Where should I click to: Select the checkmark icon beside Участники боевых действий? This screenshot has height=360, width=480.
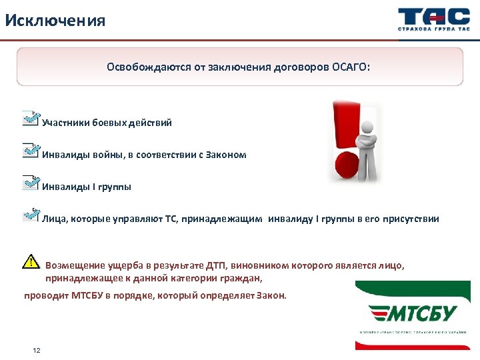pyautogui.click(x=31, y=119)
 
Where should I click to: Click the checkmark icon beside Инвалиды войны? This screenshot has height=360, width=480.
pyautogui.click(x=31, y=151)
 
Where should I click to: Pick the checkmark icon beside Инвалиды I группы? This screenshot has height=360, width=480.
pyautogui.click(x=31, y=183)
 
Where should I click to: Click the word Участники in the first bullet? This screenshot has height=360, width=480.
pyautogui.click(x=65, y=123)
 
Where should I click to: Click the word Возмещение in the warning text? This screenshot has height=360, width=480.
pyautogui.click(x=74, y=265)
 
